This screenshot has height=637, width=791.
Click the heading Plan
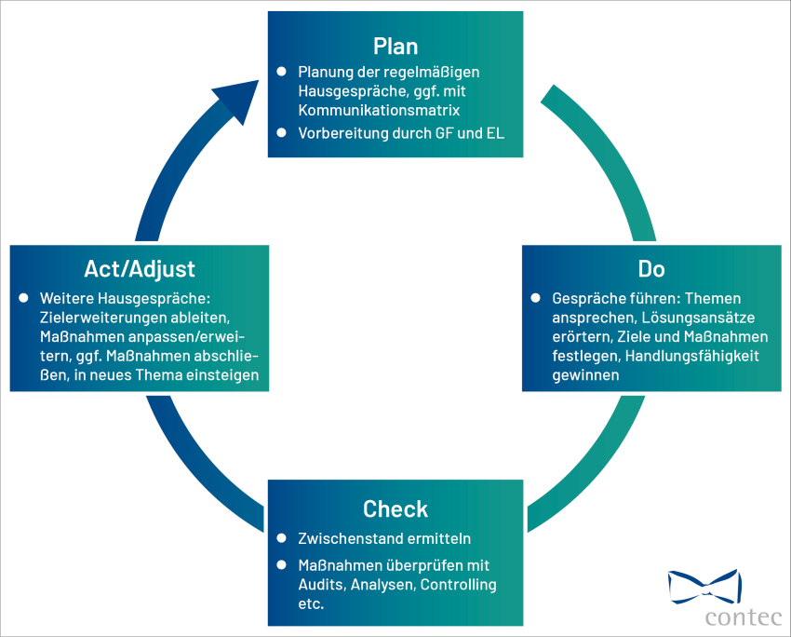click(395, 46)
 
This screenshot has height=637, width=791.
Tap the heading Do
click(651, 269)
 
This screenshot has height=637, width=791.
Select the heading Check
click(395, 509)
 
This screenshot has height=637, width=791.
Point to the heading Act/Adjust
click(140, 269)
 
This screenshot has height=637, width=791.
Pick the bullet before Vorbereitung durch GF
click(282, 132)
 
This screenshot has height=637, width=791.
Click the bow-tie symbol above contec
click(704, 584)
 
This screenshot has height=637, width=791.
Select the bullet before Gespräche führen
click(536, 298)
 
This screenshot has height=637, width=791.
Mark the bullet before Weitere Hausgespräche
click(23, 298)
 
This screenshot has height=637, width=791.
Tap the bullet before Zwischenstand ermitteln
click(282, 538)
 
